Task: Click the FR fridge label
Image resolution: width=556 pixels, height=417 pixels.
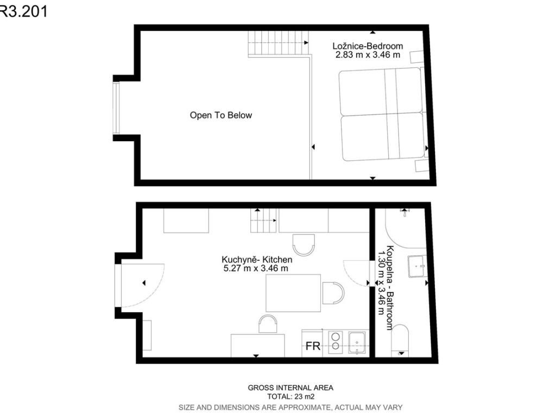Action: (x=313, y=346)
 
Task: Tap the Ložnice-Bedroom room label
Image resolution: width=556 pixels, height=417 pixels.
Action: (x=368, y=46)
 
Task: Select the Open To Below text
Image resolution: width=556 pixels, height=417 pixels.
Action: (x=221, y=115)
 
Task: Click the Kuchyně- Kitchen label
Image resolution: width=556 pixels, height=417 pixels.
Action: (x=257, y=260)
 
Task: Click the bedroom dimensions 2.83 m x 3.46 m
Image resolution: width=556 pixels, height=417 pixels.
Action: (x=368, y=55)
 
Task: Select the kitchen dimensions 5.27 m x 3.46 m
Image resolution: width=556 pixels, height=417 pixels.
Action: (x=256, y=268)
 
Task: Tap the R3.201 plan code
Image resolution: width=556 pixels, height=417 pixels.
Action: (x=23, y=11)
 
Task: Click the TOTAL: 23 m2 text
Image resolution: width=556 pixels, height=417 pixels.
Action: (x=291, y=397)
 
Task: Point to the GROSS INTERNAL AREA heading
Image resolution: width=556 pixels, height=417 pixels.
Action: (x=290, y=388)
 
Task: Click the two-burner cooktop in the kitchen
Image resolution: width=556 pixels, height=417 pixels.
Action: (x=336, y=342)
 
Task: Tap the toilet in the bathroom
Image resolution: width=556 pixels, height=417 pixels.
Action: (x=400, y=340)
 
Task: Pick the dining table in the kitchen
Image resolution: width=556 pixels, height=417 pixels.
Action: (x=293, y=293)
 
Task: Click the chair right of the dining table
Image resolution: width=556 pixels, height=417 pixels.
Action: (x=333, y=293)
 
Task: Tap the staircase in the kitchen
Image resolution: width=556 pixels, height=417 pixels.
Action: (x=263, y=220)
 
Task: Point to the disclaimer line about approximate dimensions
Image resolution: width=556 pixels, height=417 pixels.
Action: (x=290, y=407)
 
